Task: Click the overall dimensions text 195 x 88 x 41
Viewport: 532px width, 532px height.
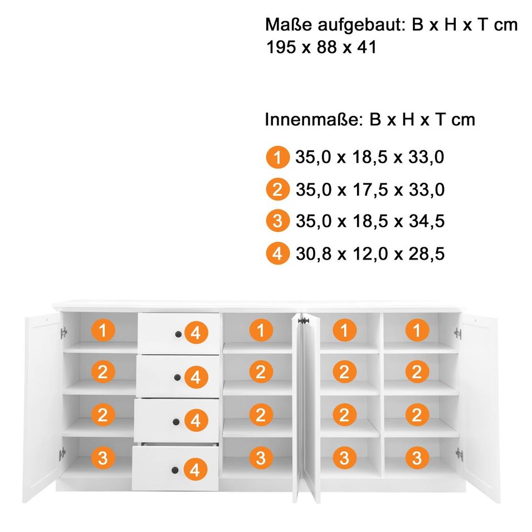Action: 321,47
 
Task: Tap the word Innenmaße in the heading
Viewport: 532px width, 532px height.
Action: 311,119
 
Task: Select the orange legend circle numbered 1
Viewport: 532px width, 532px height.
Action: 277,157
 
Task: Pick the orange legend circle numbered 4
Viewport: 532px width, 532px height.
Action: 277,253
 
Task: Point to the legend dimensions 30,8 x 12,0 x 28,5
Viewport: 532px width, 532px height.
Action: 370,254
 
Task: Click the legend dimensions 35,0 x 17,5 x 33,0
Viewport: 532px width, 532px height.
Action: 370,189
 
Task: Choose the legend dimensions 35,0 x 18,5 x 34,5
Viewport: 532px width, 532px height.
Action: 370,221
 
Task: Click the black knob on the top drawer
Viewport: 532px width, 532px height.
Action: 178,335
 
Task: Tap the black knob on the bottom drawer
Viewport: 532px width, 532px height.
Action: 175,470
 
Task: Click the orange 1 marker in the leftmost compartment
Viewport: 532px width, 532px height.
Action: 103,330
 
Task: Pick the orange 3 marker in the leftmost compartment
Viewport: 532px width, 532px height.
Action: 103,458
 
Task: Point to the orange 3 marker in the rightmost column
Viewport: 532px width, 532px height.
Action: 417,458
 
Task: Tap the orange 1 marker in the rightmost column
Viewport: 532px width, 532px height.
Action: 417,330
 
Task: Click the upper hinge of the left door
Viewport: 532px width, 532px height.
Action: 64,333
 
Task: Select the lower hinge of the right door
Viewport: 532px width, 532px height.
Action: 459,454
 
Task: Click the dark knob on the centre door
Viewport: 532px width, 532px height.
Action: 303,321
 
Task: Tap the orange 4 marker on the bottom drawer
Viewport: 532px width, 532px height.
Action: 195,470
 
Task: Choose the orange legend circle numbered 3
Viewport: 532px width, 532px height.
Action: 277,221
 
